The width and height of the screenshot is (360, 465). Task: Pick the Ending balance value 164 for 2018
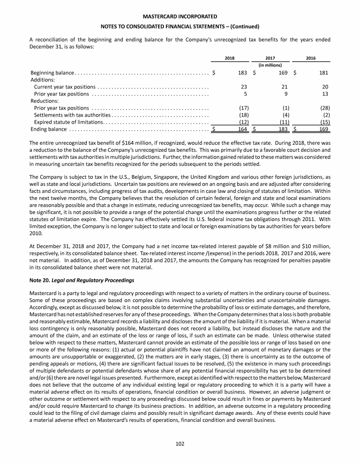[x=241, y=129]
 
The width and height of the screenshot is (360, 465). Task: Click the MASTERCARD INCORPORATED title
[x=180, y=16]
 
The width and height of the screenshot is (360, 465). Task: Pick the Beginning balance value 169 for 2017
[x=282, y=73]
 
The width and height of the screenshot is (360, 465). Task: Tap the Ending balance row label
[x=48, y=129]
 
